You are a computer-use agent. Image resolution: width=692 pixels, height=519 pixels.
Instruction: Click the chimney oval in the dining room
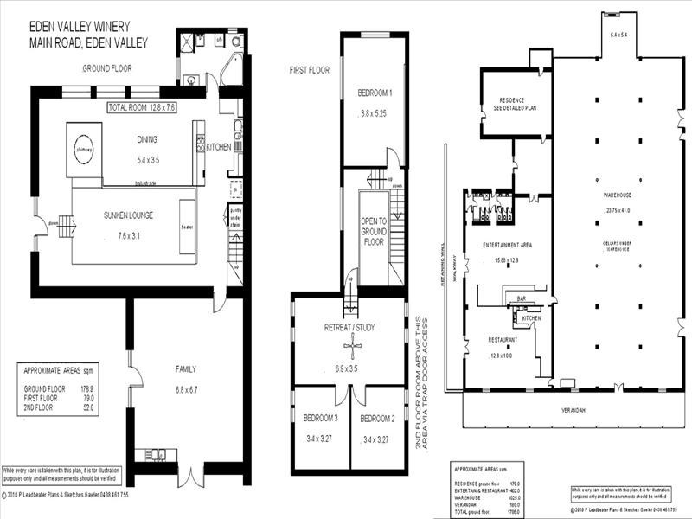coord(85,148)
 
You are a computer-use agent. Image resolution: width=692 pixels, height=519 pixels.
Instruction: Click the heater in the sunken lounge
coord(186,226)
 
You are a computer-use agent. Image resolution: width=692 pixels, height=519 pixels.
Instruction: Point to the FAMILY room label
coord(186,369)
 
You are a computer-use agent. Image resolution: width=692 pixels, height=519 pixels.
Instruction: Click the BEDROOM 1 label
coord(375,93)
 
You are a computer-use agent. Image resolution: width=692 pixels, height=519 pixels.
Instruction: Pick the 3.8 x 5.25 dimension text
coord(375,112)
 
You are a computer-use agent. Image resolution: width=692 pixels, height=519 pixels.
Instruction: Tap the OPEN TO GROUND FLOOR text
coord(373,232)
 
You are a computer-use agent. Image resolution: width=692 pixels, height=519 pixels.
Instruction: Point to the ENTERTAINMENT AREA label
coord(506,245)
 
